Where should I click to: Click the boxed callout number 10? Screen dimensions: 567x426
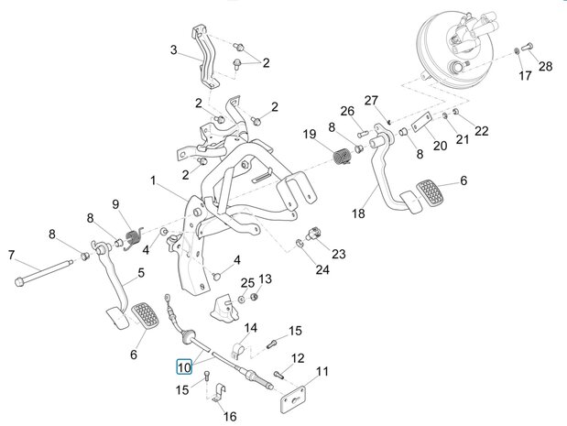[x=184, y=367]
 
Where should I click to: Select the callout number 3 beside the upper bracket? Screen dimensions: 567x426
[x=173, y=49]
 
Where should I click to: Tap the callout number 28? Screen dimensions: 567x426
[x=546, y=67]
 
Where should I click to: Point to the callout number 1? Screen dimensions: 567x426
[x=153, y=180]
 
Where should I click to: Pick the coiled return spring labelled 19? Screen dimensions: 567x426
[x=342, y=157]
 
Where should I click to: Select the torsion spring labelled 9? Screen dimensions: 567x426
[x=134, y=238]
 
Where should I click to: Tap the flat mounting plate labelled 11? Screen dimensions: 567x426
[x=293, y=399]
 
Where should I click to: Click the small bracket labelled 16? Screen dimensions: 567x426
[x=218, y=393]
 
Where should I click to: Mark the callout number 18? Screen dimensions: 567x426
[x=358, y=213]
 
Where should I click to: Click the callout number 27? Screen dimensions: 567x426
[x=371, y=100]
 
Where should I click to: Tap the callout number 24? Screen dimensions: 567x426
[x=322, y=269]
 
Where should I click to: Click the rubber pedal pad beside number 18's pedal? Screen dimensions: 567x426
[x=430, y=194]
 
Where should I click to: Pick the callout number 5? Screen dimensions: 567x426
[x=141, y=272]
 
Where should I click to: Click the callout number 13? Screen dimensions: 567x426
[x=265, y=279]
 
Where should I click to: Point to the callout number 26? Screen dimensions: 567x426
[x=347, y=111]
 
